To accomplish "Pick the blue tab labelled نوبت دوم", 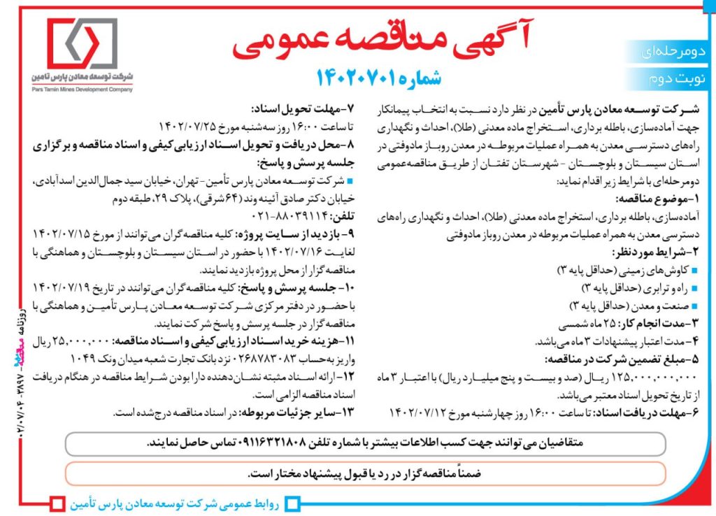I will pos(673,78).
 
